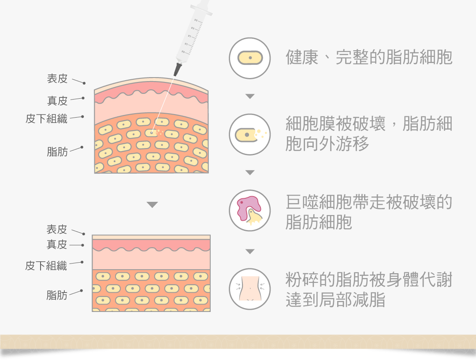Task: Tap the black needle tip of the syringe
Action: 177,70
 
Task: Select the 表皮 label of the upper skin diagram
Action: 57,79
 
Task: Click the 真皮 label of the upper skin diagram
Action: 57,101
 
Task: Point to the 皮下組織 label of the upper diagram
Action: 46,119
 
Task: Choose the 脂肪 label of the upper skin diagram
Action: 57,152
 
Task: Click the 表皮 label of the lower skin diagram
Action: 57,229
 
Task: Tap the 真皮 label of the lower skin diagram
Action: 57,244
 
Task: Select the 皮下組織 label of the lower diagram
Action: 46,266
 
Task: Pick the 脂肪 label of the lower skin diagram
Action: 57,295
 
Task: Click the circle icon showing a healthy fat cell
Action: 250,58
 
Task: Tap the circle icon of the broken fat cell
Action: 250,134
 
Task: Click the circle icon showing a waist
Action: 250,289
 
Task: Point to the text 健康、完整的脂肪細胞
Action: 369,58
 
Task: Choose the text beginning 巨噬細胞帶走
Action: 369,212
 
